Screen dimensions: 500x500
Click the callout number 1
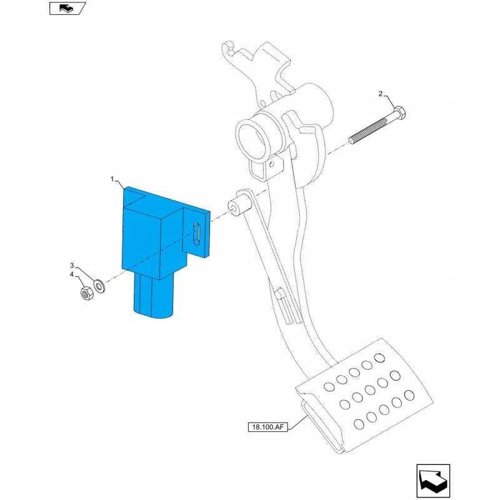click(113, 179)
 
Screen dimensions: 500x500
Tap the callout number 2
click(379, 94)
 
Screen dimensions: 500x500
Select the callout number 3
click(72, 266)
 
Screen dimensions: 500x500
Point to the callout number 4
click(72, 275)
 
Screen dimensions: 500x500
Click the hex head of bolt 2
click(401, 115)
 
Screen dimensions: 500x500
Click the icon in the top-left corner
click(66, 8)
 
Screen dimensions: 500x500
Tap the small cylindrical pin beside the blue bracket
click(236, 206)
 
